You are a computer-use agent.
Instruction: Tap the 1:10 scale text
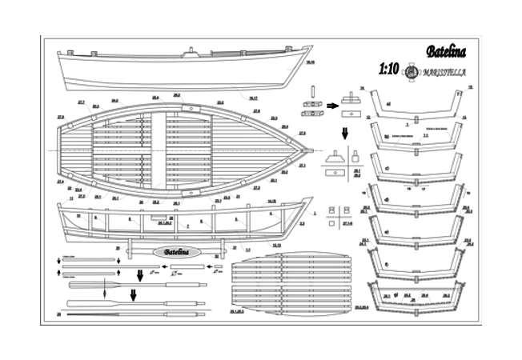[x=387, y=70]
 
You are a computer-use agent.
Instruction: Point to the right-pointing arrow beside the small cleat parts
[x=332, y=104]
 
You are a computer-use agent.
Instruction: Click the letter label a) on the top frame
[x=387, y=103]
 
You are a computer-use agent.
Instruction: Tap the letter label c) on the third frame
[x=387, y=168]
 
